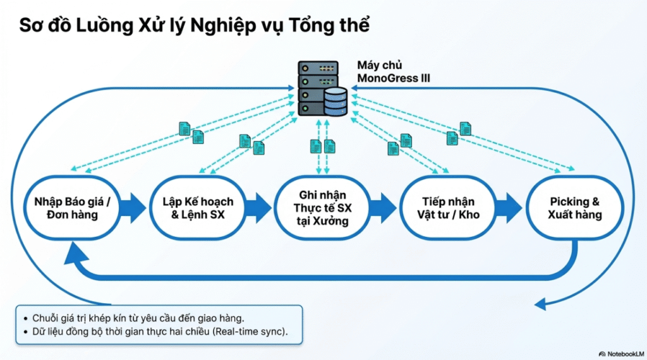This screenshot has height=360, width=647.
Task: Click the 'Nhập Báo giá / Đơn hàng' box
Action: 72,208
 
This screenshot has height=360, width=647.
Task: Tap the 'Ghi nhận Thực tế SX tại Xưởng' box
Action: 322,208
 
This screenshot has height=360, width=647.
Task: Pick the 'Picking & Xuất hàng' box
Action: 574,208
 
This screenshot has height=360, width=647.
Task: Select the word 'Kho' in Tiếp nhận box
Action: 469,215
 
